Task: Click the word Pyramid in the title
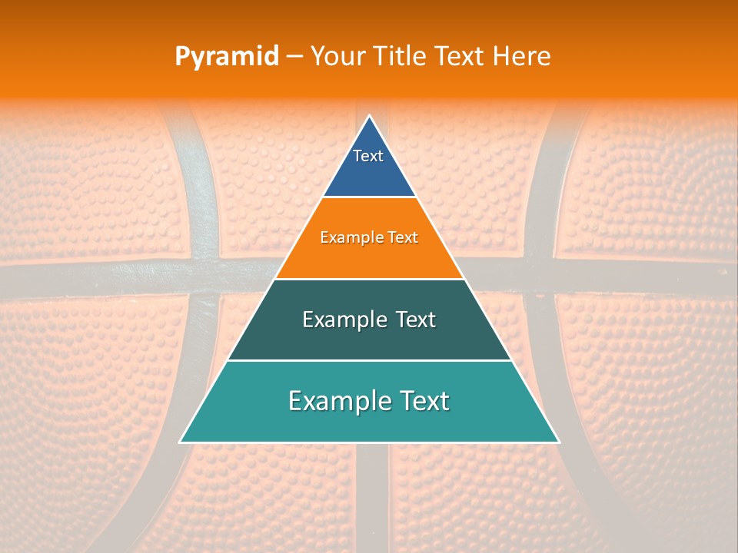pos(226,57)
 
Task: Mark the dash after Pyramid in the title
pos(294,57)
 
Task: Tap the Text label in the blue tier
pos(368,156)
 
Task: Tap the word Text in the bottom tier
pos(422,401)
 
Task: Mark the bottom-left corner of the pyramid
pos(181,442)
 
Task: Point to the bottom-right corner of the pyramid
pos(558,442)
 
